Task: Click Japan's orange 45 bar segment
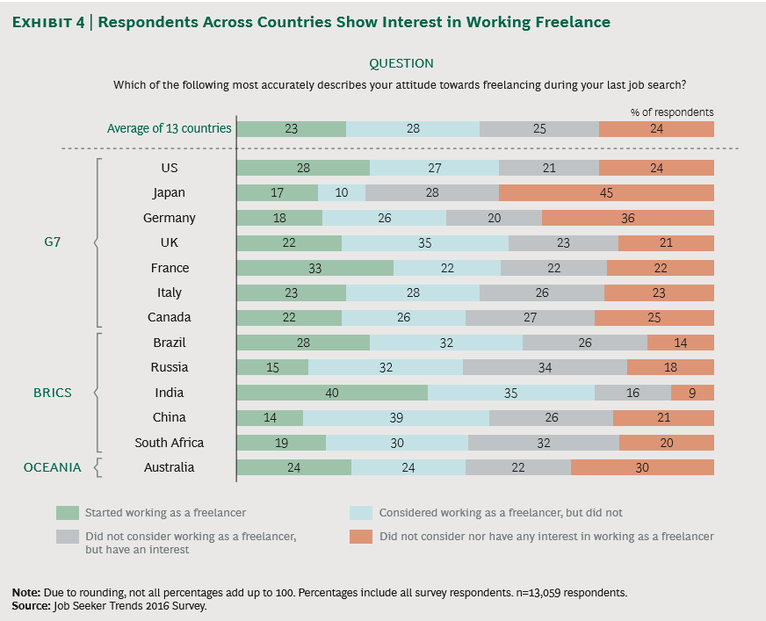tap(606, 192)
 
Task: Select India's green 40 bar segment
tap(332, 393)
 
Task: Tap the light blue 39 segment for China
tap(396, 418)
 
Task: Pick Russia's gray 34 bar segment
tap(546, 367)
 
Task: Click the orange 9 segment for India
tap(692, 393)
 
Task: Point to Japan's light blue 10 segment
tap(342, 192)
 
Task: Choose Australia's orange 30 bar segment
tap(642, 467)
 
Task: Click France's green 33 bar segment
tap(315, 268)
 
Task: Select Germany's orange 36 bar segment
tap(628, 218)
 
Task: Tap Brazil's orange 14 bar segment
tap(681, 343)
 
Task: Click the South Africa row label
tap(169, 443)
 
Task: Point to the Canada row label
tap(169, 317)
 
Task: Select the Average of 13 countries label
tap(169, 128)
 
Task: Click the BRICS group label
tap(53, 393)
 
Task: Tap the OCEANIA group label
tap(53, 467)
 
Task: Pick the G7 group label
tap(53, 242)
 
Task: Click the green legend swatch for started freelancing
tap(68, 513)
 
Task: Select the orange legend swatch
tap(361, 537)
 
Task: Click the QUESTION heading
tap(401, 63)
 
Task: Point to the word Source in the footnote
tap(32, 606)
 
